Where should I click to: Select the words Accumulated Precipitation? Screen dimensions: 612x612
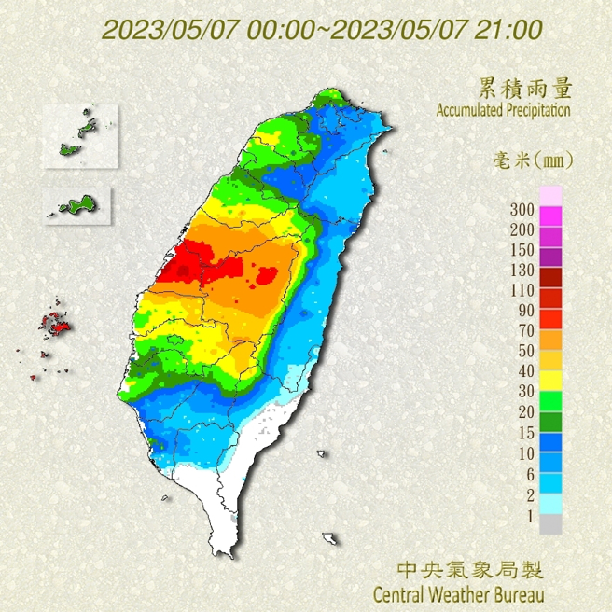pyautogui.click(x=503, y=110)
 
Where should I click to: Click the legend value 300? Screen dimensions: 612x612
pyautogui.click(x=522, y=208)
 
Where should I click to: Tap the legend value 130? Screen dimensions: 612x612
pyautogui.click(x=522, y=270)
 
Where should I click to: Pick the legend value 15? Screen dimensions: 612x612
pyautogui.click(x=524, y=433)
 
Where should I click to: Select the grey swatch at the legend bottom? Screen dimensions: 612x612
pyautogui.click(x=551, y=525)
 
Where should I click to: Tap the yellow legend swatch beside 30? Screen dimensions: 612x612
pyautogui.click(x=551, y=381)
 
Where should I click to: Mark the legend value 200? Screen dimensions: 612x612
pyautogui.click(x=522, y=229)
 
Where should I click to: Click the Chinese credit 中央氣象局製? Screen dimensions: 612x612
pyautogui.click(x=469, y=569)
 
